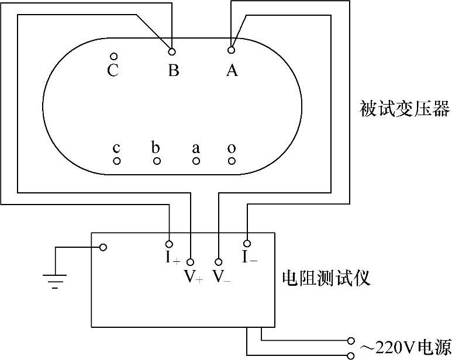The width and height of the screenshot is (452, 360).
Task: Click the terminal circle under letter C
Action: coord(113,57)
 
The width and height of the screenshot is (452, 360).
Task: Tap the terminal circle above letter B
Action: coord(172,51)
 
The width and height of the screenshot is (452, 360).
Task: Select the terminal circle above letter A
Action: coord(232,50)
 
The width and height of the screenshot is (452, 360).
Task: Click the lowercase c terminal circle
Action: coord(117,161)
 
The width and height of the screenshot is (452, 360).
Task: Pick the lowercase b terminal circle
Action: coord(156,161)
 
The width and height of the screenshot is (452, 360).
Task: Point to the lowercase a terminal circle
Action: coord(196,161)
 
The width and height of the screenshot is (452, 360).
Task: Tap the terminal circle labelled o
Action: coord(232,161)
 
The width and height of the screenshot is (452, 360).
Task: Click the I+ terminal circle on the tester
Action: coord(170,243)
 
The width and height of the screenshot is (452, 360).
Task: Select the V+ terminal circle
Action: coord(190,262)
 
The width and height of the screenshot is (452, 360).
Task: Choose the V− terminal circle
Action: coord(219,262)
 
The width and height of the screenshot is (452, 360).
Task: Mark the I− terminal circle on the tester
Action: coord(247,243)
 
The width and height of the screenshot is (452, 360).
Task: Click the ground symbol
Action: coord(55,279)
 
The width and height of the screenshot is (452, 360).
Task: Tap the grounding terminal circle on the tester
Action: coord(103,247)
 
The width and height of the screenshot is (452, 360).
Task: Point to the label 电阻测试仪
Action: coord(326,277)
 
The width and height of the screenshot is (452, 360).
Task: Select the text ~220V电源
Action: coord(405,347)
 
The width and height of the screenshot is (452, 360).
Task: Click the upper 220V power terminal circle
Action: coord(351,340)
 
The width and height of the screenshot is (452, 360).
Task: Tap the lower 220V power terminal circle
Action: coord(351,355)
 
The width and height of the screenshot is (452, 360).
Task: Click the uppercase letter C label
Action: coord(113,71)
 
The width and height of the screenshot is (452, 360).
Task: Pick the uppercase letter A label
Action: coord(232,71)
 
